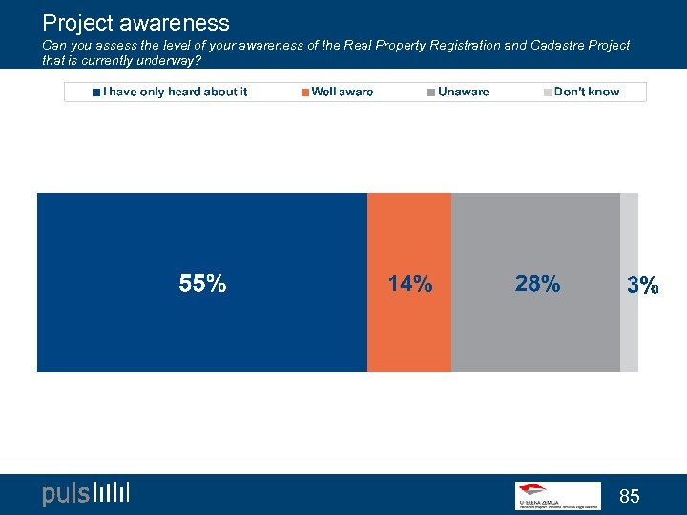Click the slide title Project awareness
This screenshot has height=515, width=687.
coord(135,22)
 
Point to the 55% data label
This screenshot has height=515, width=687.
coord(202,283)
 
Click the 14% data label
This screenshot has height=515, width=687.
coord(409,283)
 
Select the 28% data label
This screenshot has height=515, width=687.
coord(537,283)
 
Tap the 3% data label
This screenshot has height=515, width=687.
coord(642,284)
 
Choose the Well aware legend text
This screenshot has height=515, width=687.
coord(343,92)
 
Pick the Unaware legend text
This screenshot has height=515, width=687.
coord(463,92)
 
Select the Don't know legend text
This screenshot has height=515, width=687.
coord(586,92)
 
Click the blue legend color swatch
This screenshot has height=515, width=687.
coord(96,93)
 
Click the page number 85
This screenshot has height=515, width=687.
coord(629,496)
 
